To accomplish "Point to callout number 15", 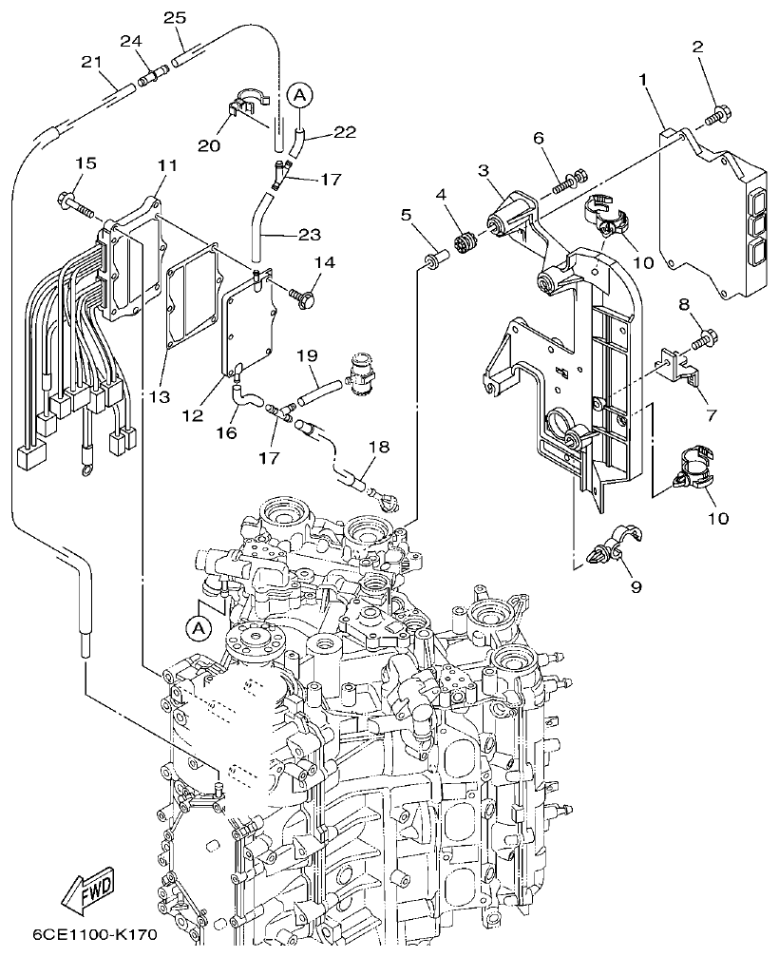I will (x=86, y=164).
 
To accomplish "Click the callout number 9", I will (x=635, y=586).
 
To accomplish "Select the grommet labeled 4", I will (x=467, y=241).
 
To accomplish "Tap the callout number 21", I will (x=91, y=62).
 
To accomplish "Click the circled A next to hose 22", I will (x=298, y=94).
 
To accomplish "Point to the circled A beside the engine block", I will (x=198, y=628).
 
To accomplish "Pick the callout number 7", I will (x=711, y=414).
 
